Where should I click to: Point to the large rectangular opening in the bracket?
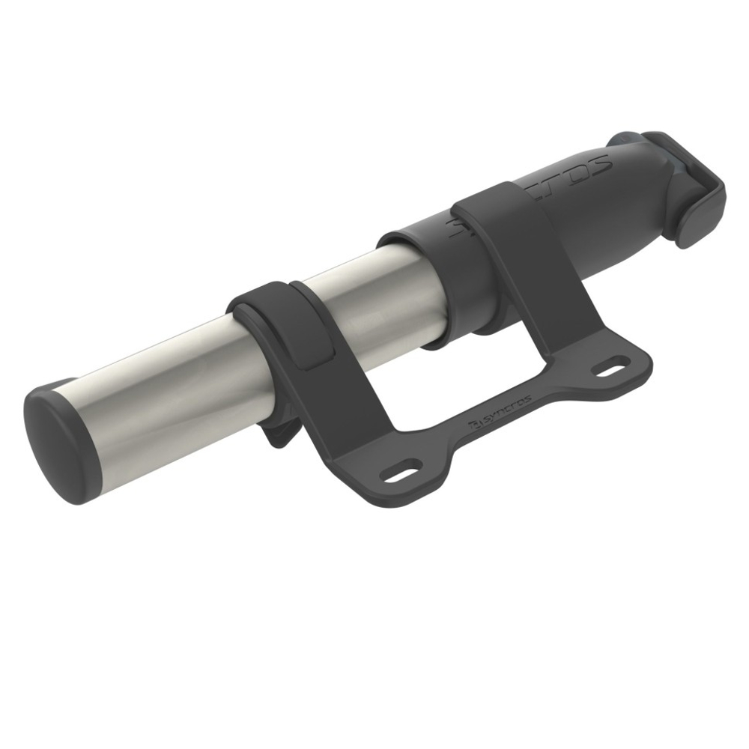coord(464,360)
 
